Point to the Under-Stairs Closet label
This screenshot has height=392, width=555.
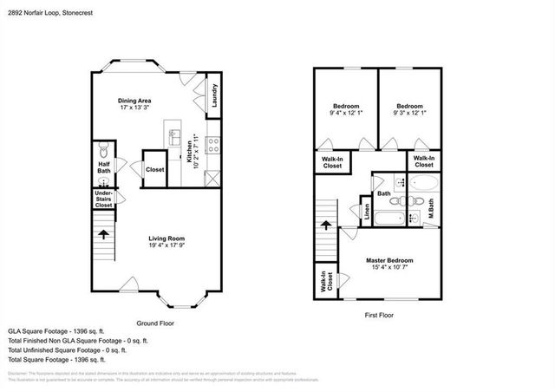click(103, 199)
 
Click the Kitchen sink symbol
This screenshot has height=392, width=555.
click(173, 139)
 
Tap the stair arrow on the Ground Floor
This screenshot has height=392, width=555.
click(103, 233)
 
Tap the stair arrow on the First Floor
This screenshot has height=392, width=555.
click(326, 224)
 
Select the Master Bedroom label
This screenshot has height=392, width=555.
click(389, 260)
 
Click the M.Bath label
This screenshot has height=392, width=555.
click(431, 209)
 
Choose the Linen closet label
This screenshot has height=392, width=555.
click(365, 213)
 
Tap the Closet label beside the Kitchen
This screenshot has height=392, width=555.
click(155, 170)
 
